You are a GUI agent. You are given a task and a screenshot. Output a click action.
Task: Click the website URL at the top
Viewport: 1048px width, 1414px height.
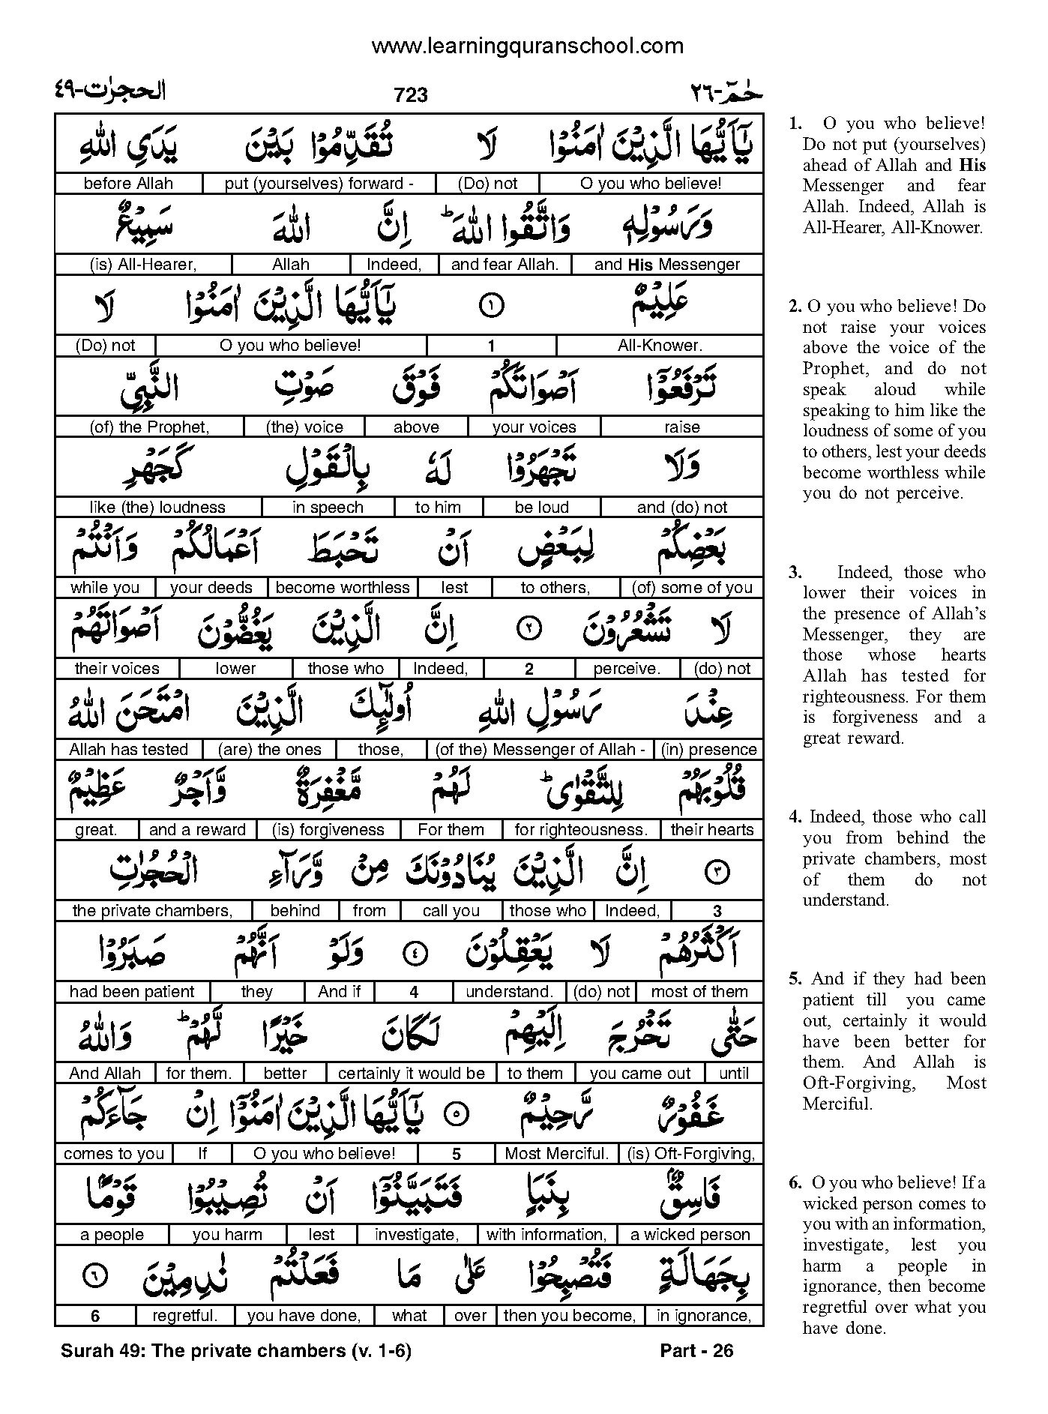pos(528,46)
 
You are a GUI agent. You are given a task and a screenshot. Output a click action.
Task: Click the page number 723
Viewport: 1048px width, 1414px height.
pos(410,94)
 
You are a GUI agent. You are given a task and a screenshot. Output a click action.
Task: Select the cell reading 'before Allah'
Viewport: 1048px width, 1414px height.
pos(128,184)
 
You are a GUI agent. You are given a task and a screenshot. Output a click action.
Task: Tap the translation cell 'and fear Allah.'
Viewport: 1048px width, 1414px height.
pos(505,265)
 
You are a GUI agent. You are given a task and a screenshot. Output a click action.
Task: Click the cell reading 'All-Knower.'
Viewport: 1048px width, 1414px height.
pos(660,346)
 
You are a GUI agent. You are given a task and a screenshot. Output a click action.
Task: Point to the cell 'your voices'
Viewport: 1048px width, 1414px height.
pos(534,427)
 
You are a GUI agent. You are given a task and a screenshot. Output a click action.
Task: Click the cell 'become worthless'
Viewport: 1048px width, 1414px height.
pos(343,588)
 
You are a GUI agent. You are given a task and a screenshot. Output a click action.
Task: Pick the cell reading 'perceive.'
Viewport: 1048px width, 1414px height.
pos(626,669)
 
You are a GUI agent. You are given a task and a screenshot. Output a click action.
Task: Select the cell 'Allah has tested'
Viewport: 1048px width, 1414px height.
pos(128,750)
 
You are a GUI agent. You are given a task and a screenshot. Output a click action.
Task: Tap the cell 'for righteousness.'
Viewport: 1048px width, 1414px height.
pos(581,830)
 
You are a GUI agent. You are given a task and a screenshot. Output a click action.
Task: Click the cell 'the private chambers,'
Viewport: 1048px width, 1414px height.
pos(152,911)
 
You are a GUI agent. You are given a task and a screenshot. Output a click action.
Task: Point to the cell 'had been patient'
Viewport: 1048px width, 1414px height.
pos(132,992)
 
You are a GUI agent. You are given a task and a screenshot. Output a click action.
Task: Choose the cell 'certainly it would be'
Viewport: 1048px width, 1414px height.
pos(412,1074)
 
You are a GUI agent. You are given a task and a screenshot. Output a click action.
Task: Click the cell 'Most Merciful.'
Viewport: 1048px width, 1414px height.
pos(555,1154)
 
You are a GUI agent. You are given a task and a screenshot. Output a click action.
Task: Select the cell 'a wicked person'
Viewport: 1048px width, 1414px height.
pos(690,1235)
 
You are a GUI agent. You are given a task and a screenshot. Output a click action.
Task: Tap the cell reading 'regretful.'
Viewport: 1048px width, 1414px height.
pos(184,1316)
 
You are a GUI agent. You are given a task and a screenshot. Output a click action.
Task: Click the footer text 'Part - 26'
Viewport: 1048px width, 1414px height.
pos(696,1351)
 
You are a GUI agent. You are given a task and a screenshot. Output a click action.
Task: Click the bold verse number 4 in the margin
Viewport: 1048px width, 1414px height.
pos(795,817)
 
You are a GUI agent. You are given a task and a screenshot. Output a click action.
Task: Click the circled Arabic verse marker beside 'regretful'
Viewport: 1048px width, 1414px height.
pos(95,1275)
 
